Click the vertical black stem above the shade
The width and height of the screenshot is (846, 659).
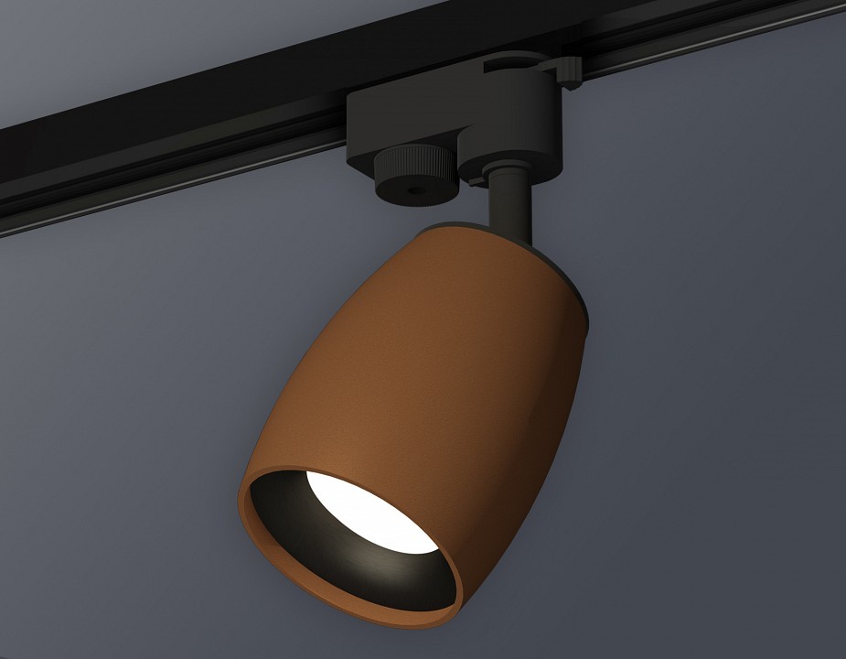pos(508,206)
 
